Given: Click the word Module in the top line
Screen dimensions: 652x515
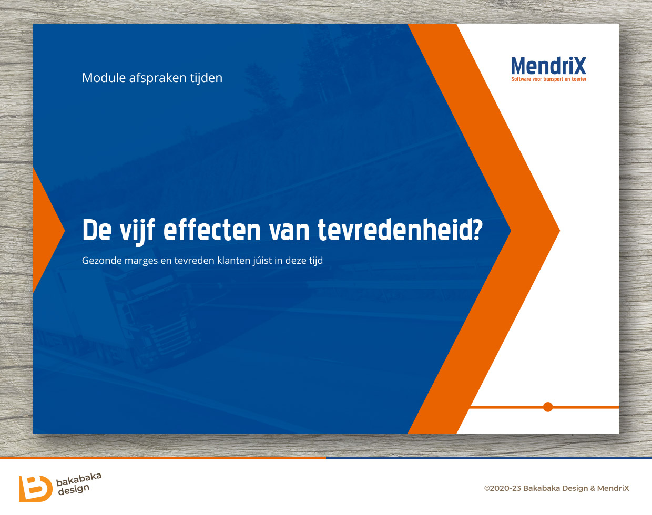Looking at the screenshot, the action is (104, 78).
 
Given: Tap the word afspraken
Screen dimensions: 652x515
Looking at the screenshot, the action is (158, 78).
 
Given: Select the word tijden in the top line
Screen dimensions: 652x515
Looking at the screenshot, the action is (206, 78).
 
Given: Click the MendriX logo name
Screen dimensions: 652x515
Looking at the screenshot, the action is (548, 66).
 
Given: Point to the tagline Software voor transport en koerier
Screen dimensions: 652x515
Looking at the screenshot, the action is (549, 79).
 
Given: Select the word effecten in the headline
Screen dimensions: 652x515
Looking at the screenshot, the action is (211, 230).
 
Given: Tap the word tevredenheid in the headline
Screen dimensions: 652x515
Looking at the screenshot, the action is (391, 230).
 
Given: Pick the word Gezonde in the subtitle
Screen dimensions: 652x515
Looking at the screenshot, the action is (102, 260).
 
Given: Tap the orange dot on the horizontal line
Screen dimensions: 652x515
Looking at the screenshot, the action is (548, 407).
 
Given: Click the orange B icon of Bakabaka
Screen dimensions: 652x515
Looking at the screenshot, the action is (35, 488).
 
